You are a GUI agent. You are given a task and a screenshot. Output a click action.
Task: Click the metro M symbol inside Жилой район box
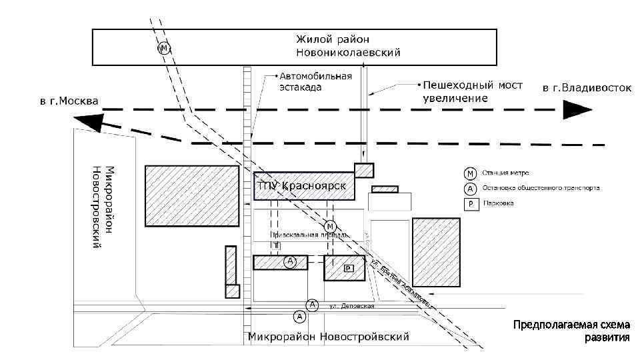coord(163,48)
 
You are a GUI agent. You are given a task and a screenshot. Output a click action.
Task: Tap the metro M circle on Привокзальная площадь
coord(331,225)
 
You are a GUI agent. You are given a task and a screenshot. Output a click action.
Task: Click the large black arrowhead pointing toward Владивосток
coord(576,109)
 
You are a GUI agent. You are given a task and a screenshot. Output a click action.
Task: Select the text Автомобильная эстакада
coord(315,81)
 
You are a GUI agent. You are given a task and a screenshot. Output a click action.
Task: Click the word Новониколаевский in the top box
coord(349,53)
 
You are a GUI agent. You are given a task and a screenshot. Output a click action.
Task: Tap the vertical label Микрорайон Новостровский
coord(103,207)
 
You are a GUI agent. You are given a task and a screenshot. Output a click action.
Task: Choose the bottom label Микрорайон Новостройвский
coord(328,337)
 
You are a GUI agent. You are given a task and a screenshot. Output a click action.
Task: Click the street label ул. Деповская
coord(351,306)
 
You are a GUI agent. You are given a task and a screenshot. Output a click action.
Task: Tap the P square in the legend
coord(470,203)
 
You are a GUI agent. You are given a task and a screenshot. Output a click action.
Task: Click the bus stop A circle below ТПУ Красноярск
coord(289,261)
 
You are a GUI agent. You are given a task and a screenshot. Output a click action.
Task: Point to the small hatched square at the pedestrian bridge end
coord(363,170)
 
